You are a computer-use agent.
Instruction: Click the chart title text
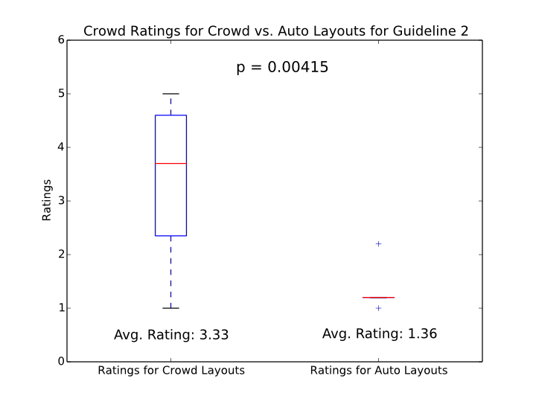tap(275, 31)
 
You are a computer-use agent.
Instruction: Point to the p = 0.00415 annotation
tap(282, 68)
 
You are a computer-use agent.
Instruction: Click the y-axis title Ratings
tap(47, 200)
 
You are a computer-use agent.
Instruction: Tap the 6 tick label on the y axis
tap(60, 40)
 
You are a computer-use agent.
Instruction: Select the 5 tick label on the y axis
tap(60, 94)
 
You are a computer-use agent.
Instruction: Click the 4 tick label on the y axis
tap(60, 147)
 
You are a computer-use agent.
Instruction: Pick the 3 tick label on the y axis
tap(60, 201)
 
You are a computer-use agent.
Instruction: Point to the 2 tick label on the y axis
tap(60, 255)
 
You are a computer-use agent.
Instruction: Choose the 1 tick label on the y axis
tap(60, 308)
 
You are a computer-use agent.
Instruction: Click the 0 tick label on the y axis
tap(60, 362)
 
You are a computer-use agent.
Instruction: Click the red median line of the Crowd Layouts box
tap(170, 163)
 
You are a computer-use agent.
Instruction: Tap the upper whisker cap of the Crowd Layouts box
tap(170, 94)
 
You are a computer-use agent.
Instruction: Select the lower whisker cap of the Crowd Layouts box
tap(170, 308)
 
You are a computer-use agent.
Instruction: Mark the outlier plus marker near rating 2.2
tap(378, 243)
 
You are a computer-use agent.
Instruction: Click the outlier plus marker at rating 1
tap(378, 308)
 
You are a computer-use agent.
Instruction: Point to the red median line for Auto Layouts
tap(378, 297)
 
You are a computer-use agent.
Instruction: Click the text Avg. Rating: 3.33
tap(171, 335)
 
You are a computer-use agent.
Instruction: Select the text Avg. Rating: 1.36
tap(380, 334)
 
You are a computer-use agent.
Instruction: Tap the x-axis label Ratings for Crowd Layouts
tap(171, 370)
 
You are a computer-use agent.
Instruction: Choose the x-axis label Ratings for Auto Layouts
tap(379, 370)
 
